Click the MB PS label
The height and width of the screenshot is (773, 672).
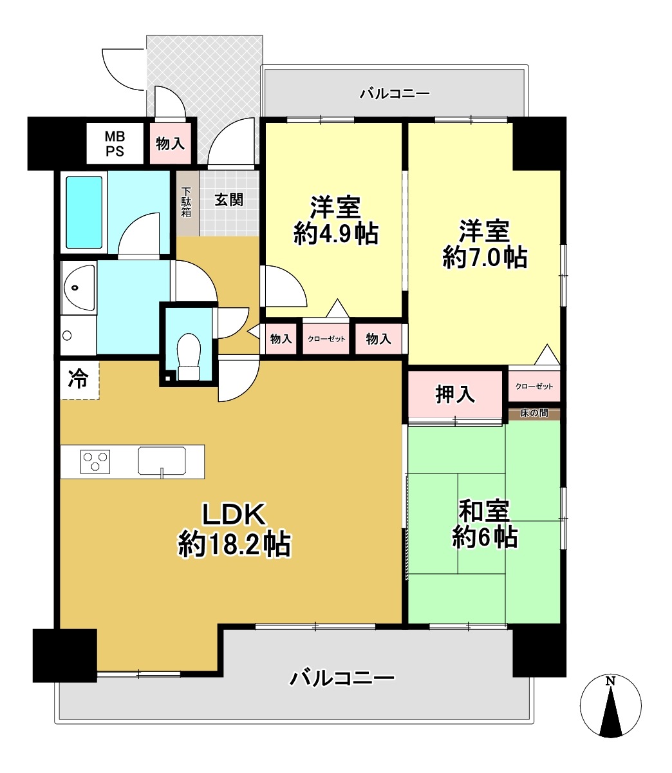pyautogui.click(x=115, y=144)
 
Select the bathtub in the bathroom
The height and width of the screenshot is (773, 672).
pyautogui.click(x=84, y=213)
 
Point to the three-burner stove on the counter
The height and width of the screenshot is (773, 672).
pyautogui.click(x=95, y=461)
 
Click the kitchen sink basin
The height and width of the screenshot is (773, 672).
pyautogui.click(x=162, y=461)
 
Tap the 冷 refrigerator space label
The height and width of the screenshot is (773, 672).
pyautogui.click(x=78, y=379)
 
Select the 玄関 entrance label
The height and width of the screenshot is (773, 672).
pyautogui.click(x=229, y=200)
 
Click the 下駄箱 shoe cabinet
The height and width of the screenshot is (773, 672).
pyautogui.click(x=187, y=203)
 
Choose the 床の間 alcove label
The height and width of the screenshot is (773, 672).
pyautogui.click(x=534, y=413)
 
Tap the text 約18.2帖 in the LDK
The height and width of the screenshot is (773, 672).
pyautogui.click(x=234, y=544)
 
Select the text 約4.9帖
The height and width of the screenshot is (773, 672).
pyautogui.click(x=335, y=234)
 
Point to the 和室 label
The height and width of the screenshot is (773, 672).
pyautogui.click(x=485, y=510)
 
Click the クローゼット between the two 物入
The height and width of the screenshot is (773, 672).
pyautogui.click(x=326, y=339)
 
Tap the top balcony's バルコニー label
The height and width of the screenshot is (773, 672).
pyautogui.click(x=395, y=93)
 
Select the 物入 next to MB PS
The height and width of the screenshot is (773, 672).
pyautogui.click(x=171, y=144)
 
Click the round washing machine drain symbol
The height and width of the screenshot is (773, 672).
pyautogui.click(x=67, y=335)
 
